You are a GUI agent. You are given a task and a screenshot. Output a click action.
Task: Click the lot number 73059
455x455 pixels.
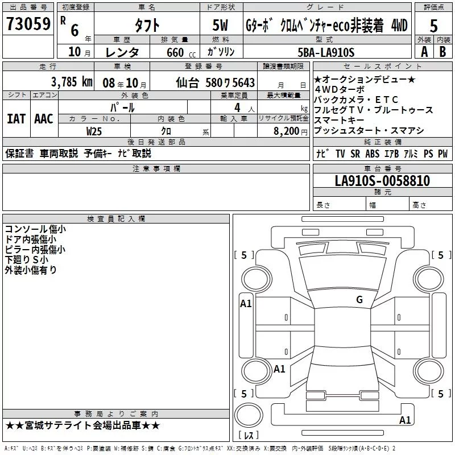28,23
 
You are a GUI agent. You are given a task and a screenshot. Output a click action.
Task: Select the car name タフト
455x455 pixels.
147,25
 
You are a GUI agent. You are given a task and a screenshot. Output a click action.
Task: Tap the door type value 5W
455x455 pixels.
220,25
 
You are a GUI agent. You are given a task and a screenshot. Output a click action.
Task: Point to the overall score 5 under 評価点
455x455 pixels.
433,26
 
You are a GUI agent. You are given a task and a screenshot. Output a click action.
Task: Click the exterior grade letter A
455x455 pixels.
424,52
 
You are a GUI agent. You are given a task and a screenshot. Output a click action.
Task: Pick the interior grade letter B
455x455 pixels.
442,52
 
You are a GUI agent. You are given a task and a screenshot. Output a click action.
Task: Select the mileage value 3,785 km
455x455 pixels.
72,82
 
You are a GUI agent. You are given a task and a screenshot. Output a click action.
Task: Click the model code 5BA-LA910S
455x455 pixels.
326,52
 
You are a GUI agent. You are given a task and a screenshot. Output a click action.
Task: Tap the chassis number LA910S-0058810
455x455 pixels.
382,180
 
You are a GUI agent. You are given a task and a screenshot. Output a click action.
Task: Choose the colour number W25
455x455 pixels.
94,131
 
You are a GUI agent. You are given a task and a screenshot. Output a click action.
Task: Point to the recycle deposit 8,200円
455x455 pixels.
291,131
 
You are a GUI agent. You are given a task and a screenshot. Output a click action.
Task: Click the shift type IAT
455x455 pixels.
16,119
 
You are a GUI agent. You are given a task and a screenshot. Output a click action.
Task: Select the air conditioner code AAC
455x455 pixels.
44,119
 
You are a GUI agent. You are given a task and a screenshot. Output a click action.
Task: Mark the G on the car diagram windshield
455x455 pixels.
359,300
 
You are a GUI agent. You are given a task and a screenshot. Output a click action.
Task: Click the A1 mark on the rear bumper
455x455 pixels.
405,420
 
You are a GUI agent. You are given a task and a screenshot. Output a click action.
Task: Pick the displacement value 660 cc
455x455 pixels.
181,52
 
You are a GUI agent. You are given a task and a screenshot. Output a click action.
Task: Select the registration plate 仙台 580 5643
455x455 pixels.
216,82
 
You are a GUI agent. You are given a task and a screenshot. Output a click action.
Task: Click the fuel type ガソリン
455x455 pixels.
221,52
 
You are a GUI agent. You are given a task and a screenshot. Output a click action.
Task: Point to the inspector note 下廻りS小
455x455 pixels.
26,259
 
